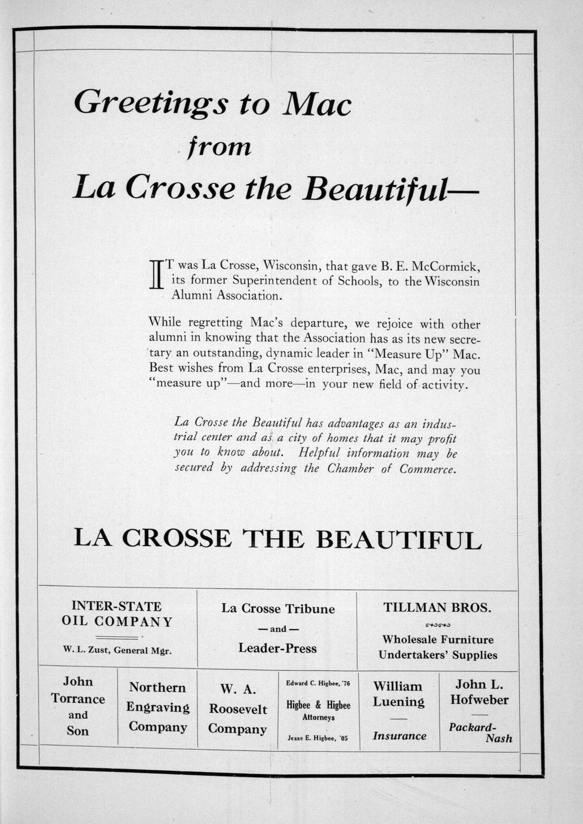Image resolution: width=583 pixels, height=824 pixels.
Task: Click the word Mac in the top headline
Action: click(317, 104)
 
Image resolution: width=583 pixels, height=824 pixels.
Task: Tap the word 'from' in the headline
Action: click(219, 147)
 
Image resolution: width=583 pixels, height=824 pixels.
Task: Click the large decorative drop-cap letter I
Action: click(156, 275)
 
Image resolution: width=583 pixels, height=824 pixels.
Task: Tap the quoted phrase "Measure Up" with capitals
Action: click(408, 353)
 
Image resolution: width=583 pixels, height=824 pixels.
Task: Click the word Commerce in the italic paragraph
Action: click(428, 469)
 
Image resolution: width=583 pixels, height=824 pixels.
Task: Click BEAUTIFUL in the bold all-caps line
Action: click(398, 540)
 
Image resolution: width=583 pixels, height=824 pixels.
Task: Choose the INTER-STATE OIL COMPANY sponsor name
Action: click(117, 614)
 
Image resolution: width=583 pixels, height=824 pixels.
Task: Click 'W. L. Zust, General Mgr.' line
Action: click(117, 650)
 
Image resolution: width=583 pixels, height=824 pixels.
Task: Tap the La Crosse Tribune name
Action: click(277, 609)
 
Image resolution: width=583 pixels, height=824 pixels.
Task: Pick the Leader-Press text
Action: click(277, 648)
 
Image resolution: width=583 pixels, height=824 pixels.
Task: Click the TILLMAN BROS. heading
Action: click(437, 608)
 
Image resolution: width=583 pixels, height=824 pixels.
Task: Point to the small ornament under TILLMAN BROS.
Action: click(437, 625)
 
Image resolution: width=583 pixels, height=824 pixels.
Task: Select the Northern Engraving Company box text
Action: click(158, 707)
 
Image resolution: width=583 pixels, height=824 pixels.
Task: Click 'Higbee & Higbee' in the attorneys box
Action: click(319, 705)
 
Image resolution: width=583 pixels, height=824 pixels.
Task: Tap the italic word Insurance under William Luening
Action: click(399, 736)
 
